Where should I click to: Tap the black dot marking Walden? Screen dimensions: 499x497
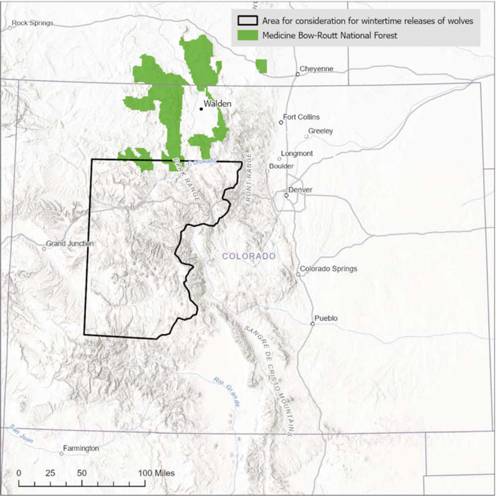(201, 109)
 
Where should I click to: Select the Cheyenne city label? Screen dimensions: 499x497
(317, 69)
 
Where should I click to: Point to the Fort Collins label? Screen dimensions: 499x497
(302, 117)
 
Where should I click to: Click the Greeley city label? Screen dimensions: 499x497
(320, 131)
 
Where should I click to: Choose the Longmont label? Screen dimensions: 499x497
(297, 153)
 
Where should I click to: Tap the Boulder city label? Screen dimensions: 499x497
(281, 166)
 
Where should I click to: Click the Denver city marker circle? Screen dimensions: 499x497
(287, 195)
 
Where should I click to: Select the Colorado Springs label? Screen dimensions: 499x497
(328, 269)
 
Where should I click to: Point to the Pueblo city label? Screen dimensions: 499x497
(326, 319)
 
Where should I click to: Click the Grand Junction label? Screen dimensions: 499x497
(70, 243)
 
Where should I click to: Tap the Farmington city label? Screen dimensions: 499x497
(81, 448)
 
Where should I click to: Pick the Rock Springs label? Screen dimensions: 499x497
(33, 23)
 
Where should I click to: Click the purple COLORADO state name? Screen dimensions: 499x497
(249, 256)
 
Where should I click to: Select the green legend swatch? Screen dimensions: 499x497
(247, 35)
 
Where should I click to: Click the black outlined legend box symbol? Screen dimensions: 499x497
(247, 21)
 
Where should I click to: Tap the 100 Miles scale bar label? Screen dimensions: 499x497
(157, 473)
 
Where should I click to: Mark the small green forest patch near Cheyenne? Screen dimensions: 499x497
(262, 66)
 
